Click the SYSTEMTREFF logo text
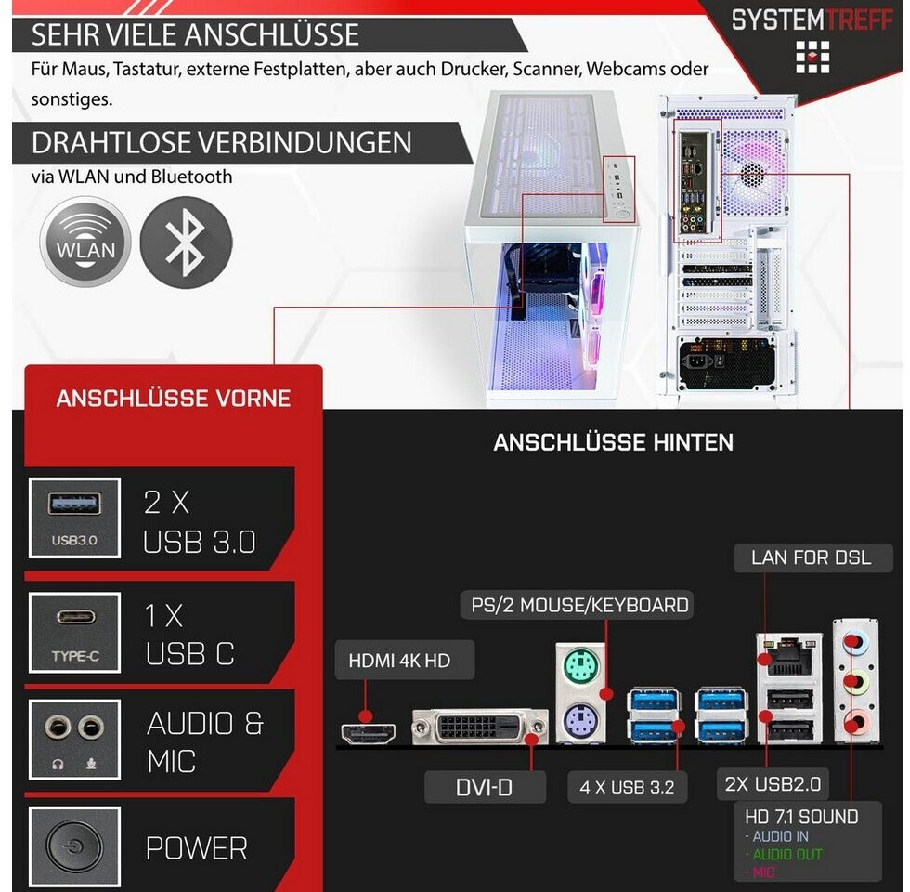coord(813,20)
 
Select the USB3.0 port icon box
coord(74,518)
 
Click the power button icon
coord(74,847)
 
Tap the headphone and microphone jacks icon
coord(74,741)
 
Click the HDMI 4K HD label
coord(398,661)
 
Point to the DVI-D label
coord(485,787)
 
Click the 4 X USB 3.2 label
coord(627,787)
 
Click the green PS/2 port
coord(580,666)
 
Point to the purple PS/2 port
coord(580,719)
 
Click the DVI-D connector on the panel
coord(480,728)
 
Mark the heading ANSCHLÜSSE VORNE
coord(174,399)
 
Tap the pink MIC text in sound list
coord(763,873)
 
